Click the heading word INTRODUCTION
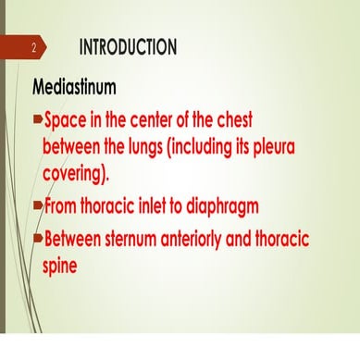click(x=128, y=46)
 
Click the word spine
click(x=62, y=264)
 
